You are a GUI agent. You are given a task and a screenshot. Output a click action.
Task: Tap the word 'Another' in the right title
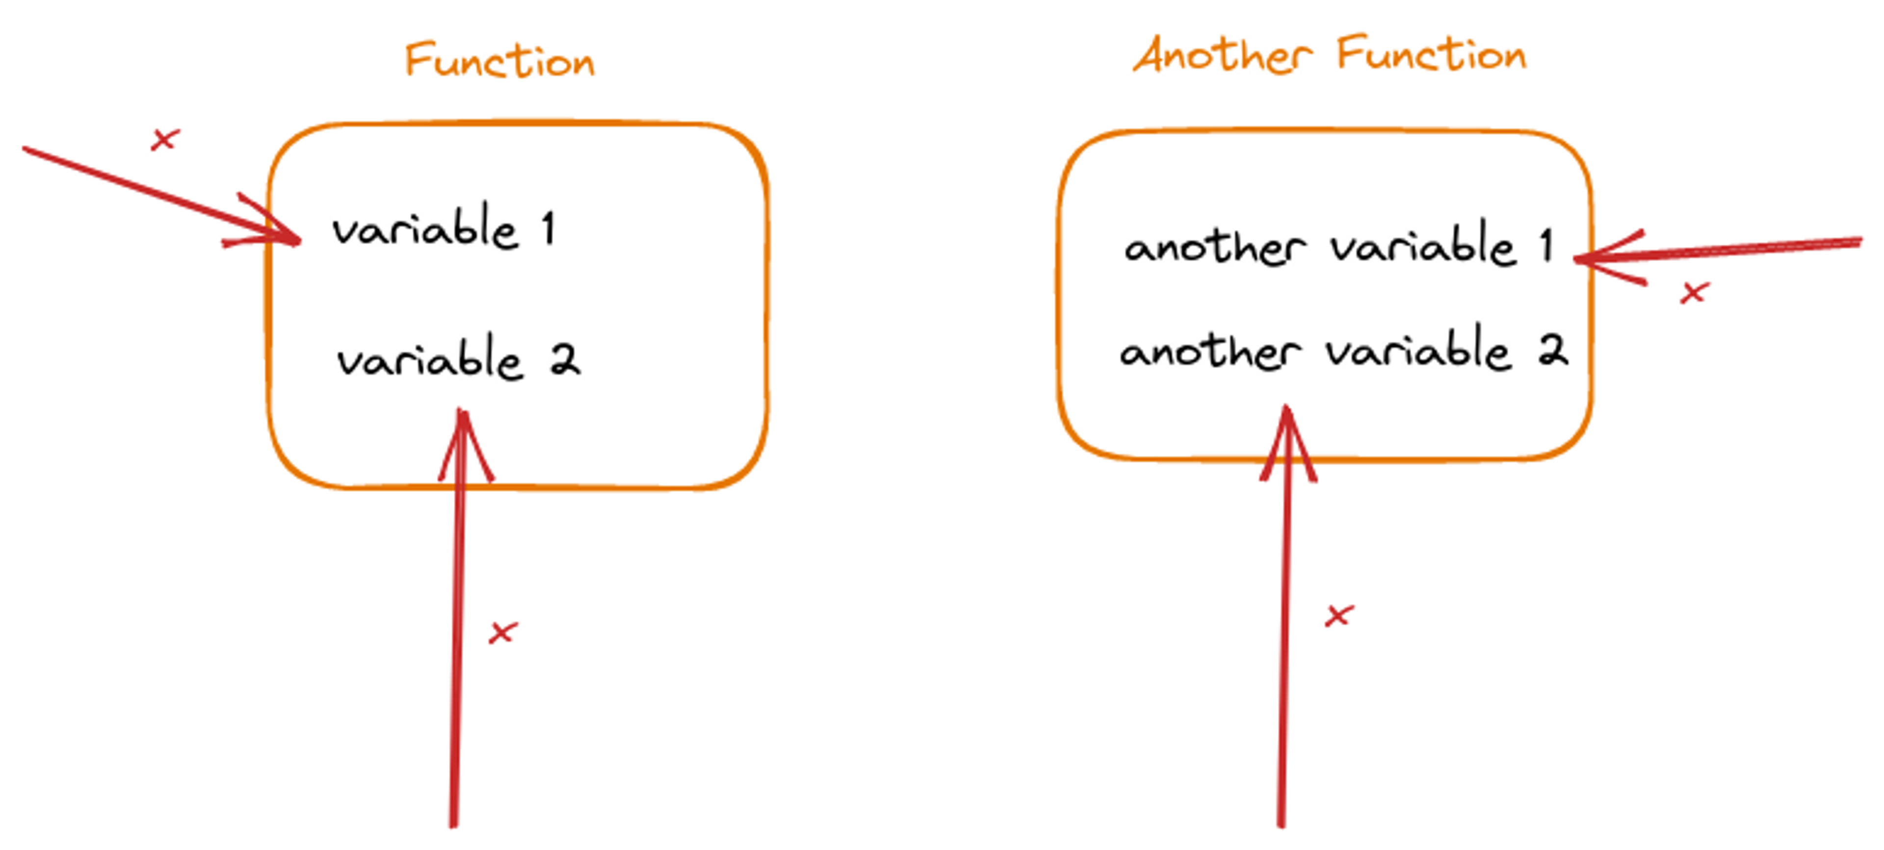pos(1222,55)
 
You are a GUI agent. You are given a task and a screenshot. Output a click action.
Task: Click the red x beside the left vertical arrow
pos(503,632)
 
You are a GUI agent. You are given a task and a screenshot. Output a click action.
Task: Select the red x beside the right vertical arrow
pos(1339,616)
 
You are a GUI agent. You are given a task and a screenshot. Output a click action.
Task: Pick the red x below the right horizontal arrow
pos(1694,293)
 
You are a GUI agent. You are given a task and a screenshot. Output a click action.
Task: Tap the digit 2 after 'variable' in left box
pos(565,360)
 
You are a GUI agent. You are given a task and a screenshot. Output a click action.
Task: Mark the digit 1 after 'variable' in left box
pos(549,228)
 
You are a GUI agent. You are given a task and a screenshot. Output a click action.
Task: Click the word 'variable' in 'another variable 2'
pos(1418,351)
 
